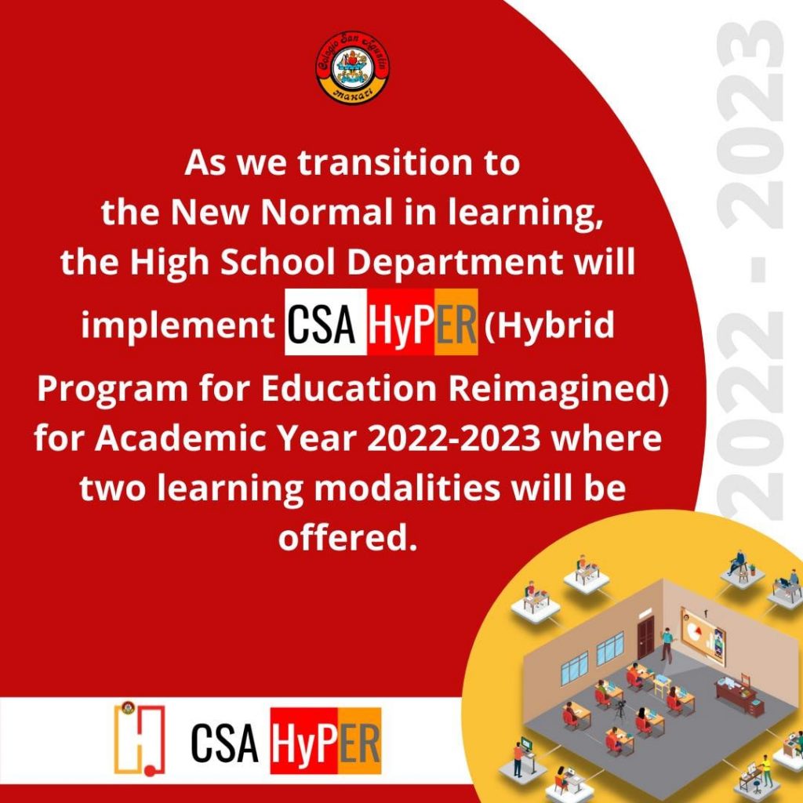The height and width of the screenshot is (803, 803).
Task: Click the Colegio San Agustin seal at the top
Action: click(352, 67)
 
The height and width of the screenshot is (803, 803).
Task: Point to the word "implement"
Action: click(178, 326)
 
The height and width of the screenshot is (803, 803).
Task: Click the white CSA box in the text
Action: click(325, 322)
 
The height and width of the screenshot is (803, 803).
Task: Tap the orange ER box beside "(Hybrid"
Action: click(456, 322)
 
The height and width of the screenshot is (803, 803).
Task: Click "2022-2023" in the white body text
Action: click(454, 439)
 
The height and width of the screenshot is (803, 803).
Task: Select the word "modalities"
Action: click(407, 488)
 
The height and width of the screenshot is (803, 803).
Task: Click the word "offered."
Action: click(346, 537)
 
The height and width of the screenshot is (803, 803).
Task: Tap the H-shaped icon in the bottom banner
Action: click(140, 739)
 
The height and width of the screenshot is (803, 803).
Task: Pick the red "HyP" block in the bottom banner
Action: click(304, 741)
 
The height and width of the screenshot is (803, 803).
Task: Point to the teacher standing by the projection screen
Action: click(667, 645)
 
